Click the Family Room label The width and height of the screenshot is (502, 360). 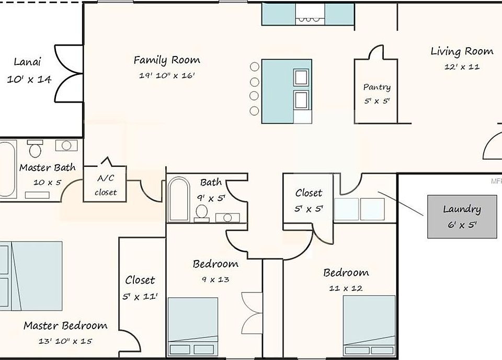click(x=167, y=60)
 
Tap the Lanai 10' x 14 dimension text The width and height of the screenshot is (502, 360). click(x=29, y=79)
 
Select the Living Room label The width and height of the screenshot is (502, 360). click(x=462, y=51)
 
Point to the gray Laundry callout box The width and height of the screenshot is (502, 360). click(x=462, y=217)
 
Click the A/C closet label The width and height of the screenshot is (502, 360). click(x=106, y=185)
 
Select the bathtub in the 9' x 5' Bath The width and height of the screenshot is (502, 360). click(x=179, y=199)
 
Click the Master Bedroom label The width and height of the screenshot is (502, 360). click(x=65, y=326)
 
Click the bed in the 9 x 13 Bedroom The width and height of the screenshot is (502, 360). click(x=193, y=327)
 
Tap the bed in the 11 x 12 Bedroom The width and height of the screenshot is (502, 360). click(x=369, y=325)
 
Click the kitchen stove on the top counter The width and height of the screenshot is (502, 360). click(x=310, y=14)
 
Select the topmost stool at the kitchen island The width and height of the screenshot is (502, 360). click(x=255, y=67)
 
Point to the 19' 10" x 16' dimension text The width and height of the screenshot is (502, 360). click(x=167, y=75)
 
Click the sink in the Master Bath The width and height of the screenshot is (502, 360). click(x=66, y=145)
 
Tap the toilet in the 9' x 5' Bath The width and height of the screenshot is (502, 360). click(x=202, y=213)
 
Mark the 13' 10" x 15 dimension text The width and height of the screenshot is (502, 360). click(x=65, y=341)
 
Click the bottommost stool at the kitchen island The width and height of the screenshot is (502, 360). click(x=254, y=111)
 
